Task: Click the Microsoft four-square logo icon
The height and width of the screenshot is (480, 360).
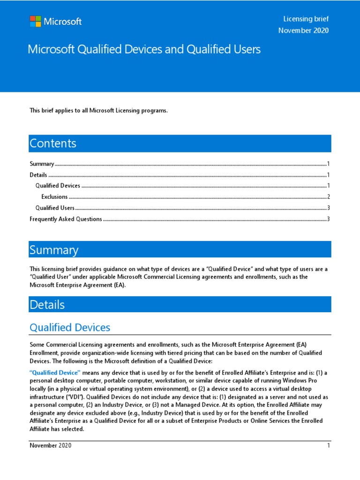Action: click(35, 22)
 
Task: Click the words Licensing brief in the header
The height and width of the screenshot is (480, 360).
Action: click(306, 19)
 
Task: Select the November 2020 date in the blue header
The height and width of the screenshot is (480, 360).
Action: click(303, 31)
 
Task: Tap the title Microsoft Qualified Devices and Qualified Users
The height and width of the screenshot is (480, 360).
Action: click(144, 49)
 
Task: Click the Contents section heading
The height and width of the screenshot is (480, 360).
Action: click(53, 143)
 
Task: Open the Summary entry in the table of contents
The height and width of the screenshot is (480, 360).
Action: click(42, 164)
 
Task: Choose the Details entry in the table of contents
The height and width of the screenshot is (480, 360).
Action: click(38, 175)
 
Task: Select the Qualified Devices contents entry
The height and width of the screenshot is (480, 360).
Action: click(58, 186)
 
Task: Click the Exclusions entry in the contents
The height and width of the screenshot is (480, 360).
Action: click(54, 197)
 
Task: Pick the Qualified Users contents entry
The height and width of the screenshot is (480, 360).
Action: click(55, 208)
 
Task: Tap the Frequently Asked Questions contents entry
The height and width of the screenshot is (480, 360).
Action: click(66, 219)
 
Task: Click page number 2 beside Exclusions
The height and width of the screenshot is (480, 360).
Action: click(329, 197)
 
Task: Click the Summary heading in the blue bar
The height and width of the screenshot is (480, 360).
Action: click(54, 250)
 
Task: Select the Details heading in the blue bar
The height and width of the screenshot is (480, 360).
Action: click(47, 305)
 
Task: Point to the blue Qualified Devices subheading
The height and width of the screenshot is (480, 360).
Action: click(70, 327)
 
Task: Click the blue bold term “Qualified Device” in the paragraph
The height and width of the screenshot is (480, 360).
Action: click(55, 372)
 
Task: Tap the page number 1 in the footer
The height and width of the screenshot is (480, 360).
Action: click(329, 445)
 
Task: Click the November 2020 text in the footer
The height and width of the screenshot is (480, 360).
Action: click(51, 445)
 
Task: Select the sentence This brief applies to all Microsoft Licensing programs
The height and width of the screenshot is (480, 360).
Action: click(98, 111)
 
